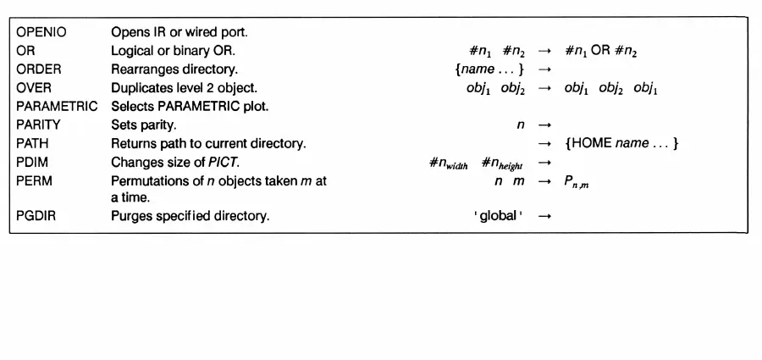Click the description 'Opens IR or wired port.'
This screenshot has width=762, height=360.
pyautogui.click(x=172, y=33)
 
